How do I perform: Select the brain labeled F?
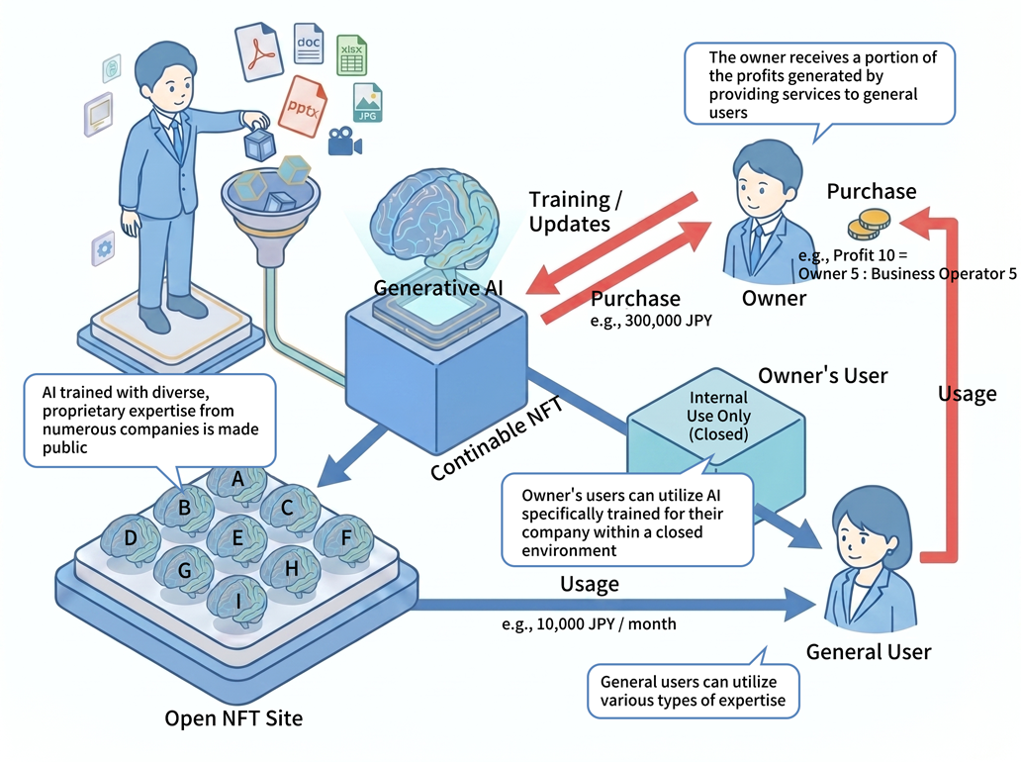pos(343,539)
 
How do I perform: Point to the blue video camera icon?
pos(343,143)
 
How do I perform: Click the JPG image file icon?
pos(367,103)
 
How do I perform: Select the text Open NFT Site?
pos(233,717)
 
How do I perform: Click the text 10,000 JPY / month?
pos(590,624)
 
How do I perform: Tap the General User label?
pos(869,651)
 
